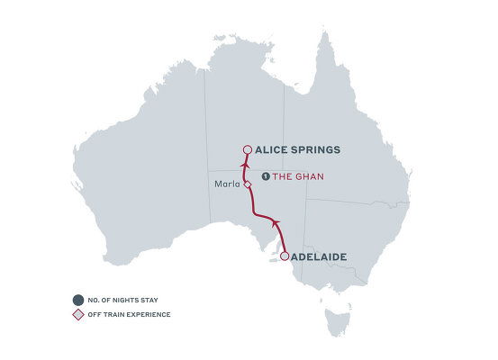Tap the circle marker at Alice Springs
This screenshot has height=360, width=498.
(x=248, y=150)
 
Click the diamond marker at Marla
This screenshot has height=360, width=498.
(x=247, y=183)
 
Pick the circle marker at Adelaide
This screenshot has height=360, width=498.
(x=285, y=256)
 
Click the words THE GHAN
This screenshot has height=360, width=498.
(x=298, y=176)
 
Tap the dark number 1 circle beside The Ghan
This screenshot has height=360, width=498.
(x=266, y=176)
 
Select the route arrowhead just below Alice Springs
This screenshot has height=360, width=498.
(x=243, y=166)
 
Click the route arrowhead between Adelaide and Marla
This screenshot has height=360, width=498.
(x=276, y=221)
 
